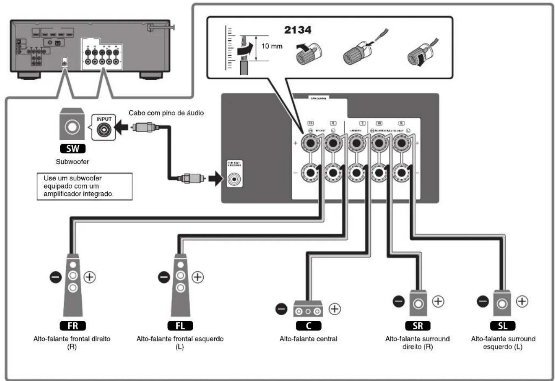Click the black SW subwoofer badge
coord(72,148)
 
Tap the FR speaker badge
coord(73,326)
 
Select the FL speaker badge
coord(180,326)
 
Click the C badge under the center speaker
coord(308,326)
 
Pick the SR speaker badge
coord(418,326)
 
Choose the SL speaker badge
coord(503,326)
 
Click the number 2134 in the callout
coord(298,30)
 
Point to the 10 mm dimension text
coord(272,46)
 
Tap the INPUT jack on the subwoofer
coord(104,129)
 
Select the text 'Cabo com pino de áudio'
coord(166,113)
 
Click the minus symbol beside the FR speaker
coord(55,277)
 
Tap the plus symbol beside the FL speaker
coord(198,277)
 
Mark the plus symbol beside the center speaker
coord(335,309)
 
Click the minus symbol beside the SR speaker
coord(398,301)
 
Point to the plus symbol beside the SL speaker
coord(522,301)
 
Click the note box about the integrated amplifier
coord(85,186)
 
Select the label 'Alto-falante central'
coord(308,339)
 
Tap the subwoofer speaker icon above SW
coord(72,126)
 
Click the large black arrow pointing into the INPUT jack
coord(122,128)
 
